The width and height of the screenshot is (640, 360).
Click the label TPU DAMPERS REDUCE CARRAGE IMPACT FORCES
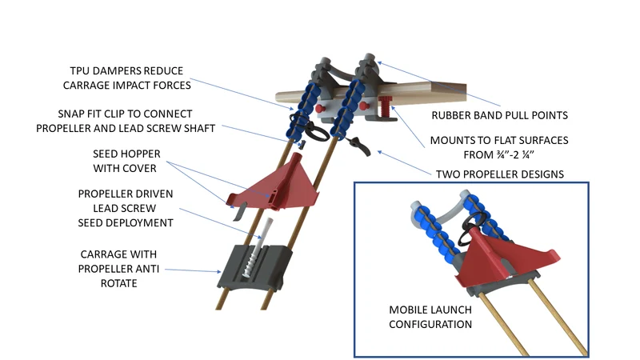(x=126, y=78)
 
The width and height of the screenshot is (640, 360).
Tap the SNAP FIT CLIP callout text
(x=126, y=121)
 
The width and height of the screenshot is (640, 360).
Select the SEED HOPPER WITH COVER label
(x=126, y=161)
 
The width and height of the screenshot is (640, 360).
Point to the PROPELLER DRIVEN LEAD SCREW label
(x=126, y=208)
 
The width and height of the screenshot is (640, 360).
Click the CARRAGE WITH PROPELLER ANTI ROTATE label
(x=118, y=269)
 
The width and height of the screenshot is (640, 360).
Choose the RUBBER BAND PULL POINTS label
(x=499, y=115)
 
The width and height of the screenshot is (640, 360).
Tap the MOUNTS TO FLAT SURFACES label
(x=498, y=147)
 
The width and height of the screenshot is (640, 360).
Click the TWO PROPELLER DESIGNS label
(x=499, y=174)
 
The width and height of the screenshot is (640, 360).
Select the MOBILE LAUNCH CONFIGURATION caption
(x=430, y=317)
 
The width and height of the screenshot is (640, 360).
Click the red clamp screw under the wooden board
(x=386, y=108)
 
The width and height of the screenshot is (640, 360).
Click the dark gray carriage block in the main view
(x=255, y=266)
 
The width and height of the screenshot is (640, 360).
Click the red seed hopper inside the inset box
(x=506, y=255)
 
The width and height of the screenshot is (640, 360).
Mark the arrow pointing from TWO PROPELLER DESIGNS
(x=404, y=163)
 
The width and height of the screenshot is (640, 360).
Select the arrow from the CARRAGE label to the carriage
(x=193, y=270)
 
